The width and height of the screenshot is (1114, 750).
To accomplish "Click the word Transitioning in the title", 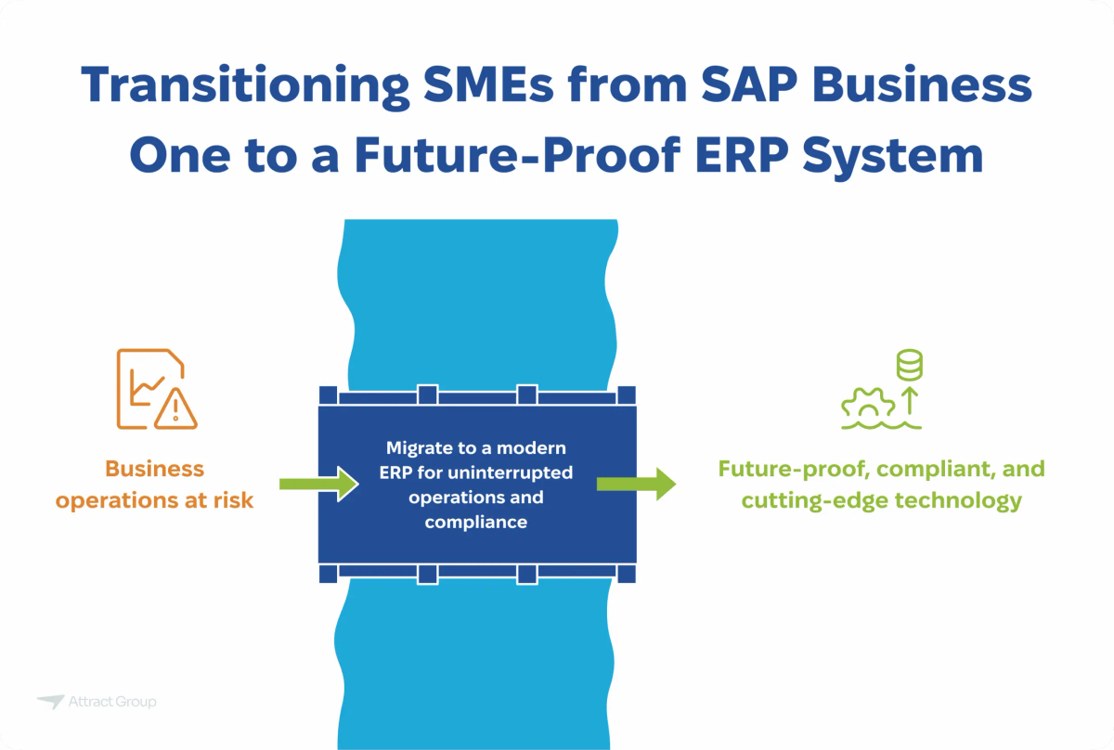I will click(236, 86).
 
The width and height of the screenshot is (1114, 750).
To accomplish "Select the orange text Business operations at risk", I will click(154, 485).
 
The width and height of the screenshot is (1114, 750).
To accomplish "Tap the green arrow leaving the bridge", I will click(637, 484).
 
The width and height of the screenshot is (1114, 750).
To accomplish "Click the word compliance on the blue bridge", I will click(476, 522).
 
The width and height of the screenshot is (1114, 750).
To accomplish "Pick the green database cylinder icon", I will click(909, 366).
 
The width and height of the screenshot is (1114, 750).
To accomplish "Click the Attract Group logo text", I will click(112, 703).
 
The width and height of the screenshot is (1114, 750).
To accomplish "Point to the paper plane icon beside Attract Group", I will click(50, 703).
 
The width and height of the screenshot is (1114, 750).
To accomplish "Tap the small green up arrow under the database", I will click(909, 401).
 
